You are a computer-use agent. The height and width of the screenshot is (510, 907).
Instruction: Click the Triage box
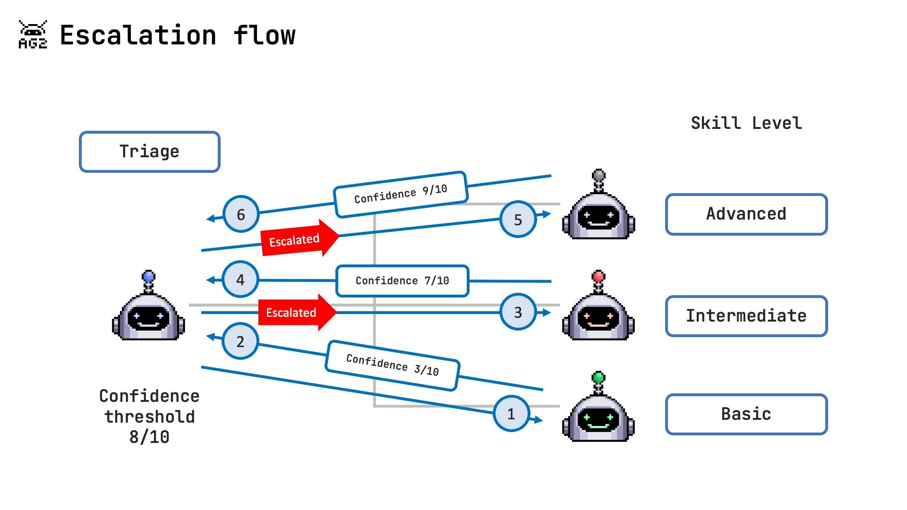coord(149,152)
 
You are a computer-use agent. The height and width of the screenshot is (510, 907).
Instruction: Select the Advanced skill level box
coord(746,214)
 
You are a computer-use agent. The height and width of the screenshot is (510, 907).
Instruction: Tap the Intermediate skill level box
coord(746,316)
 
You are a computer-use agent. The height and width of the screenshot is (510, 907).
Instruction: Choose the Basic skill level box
coord(746,414)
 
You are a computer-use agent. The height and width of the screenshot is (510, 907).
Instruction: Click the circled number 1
coord(511,414)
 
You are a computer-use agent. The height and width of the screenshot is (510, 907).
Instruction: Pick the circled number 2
coord(240,341)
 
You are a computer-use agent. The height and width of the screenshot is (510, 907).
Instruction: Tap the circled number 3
coord(518,312)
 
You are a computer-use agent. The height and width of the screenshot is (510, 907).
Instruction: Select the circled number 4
coord(240,280)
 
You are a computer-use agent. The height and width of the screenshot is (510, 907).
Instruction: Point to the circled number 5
coord(518,219)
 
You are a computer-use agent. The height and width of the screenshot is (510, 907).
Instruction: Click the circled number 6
coord(241,214)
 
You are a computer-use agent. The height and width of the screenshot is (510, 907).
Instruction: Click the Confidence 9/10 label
coord(401,194)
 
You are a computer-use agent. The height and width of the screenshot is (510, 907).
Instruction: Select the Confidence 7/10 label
coord(402,280)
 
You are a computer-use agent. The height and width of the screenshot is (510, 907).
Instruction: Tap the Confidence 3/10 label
coord(393,365)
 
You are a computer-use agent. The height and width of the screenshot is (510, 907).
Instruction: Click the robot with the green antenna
coord(598,411)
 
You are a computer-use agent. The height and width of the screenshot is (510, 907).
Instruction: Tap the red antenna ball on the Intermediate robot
coord(598,276)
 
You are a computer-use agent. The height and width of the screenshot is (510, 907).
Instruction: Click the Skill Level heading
coord(746,123)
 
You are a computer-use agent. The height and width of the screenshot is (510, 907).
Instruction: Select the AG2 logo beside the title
coord(33,34)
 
